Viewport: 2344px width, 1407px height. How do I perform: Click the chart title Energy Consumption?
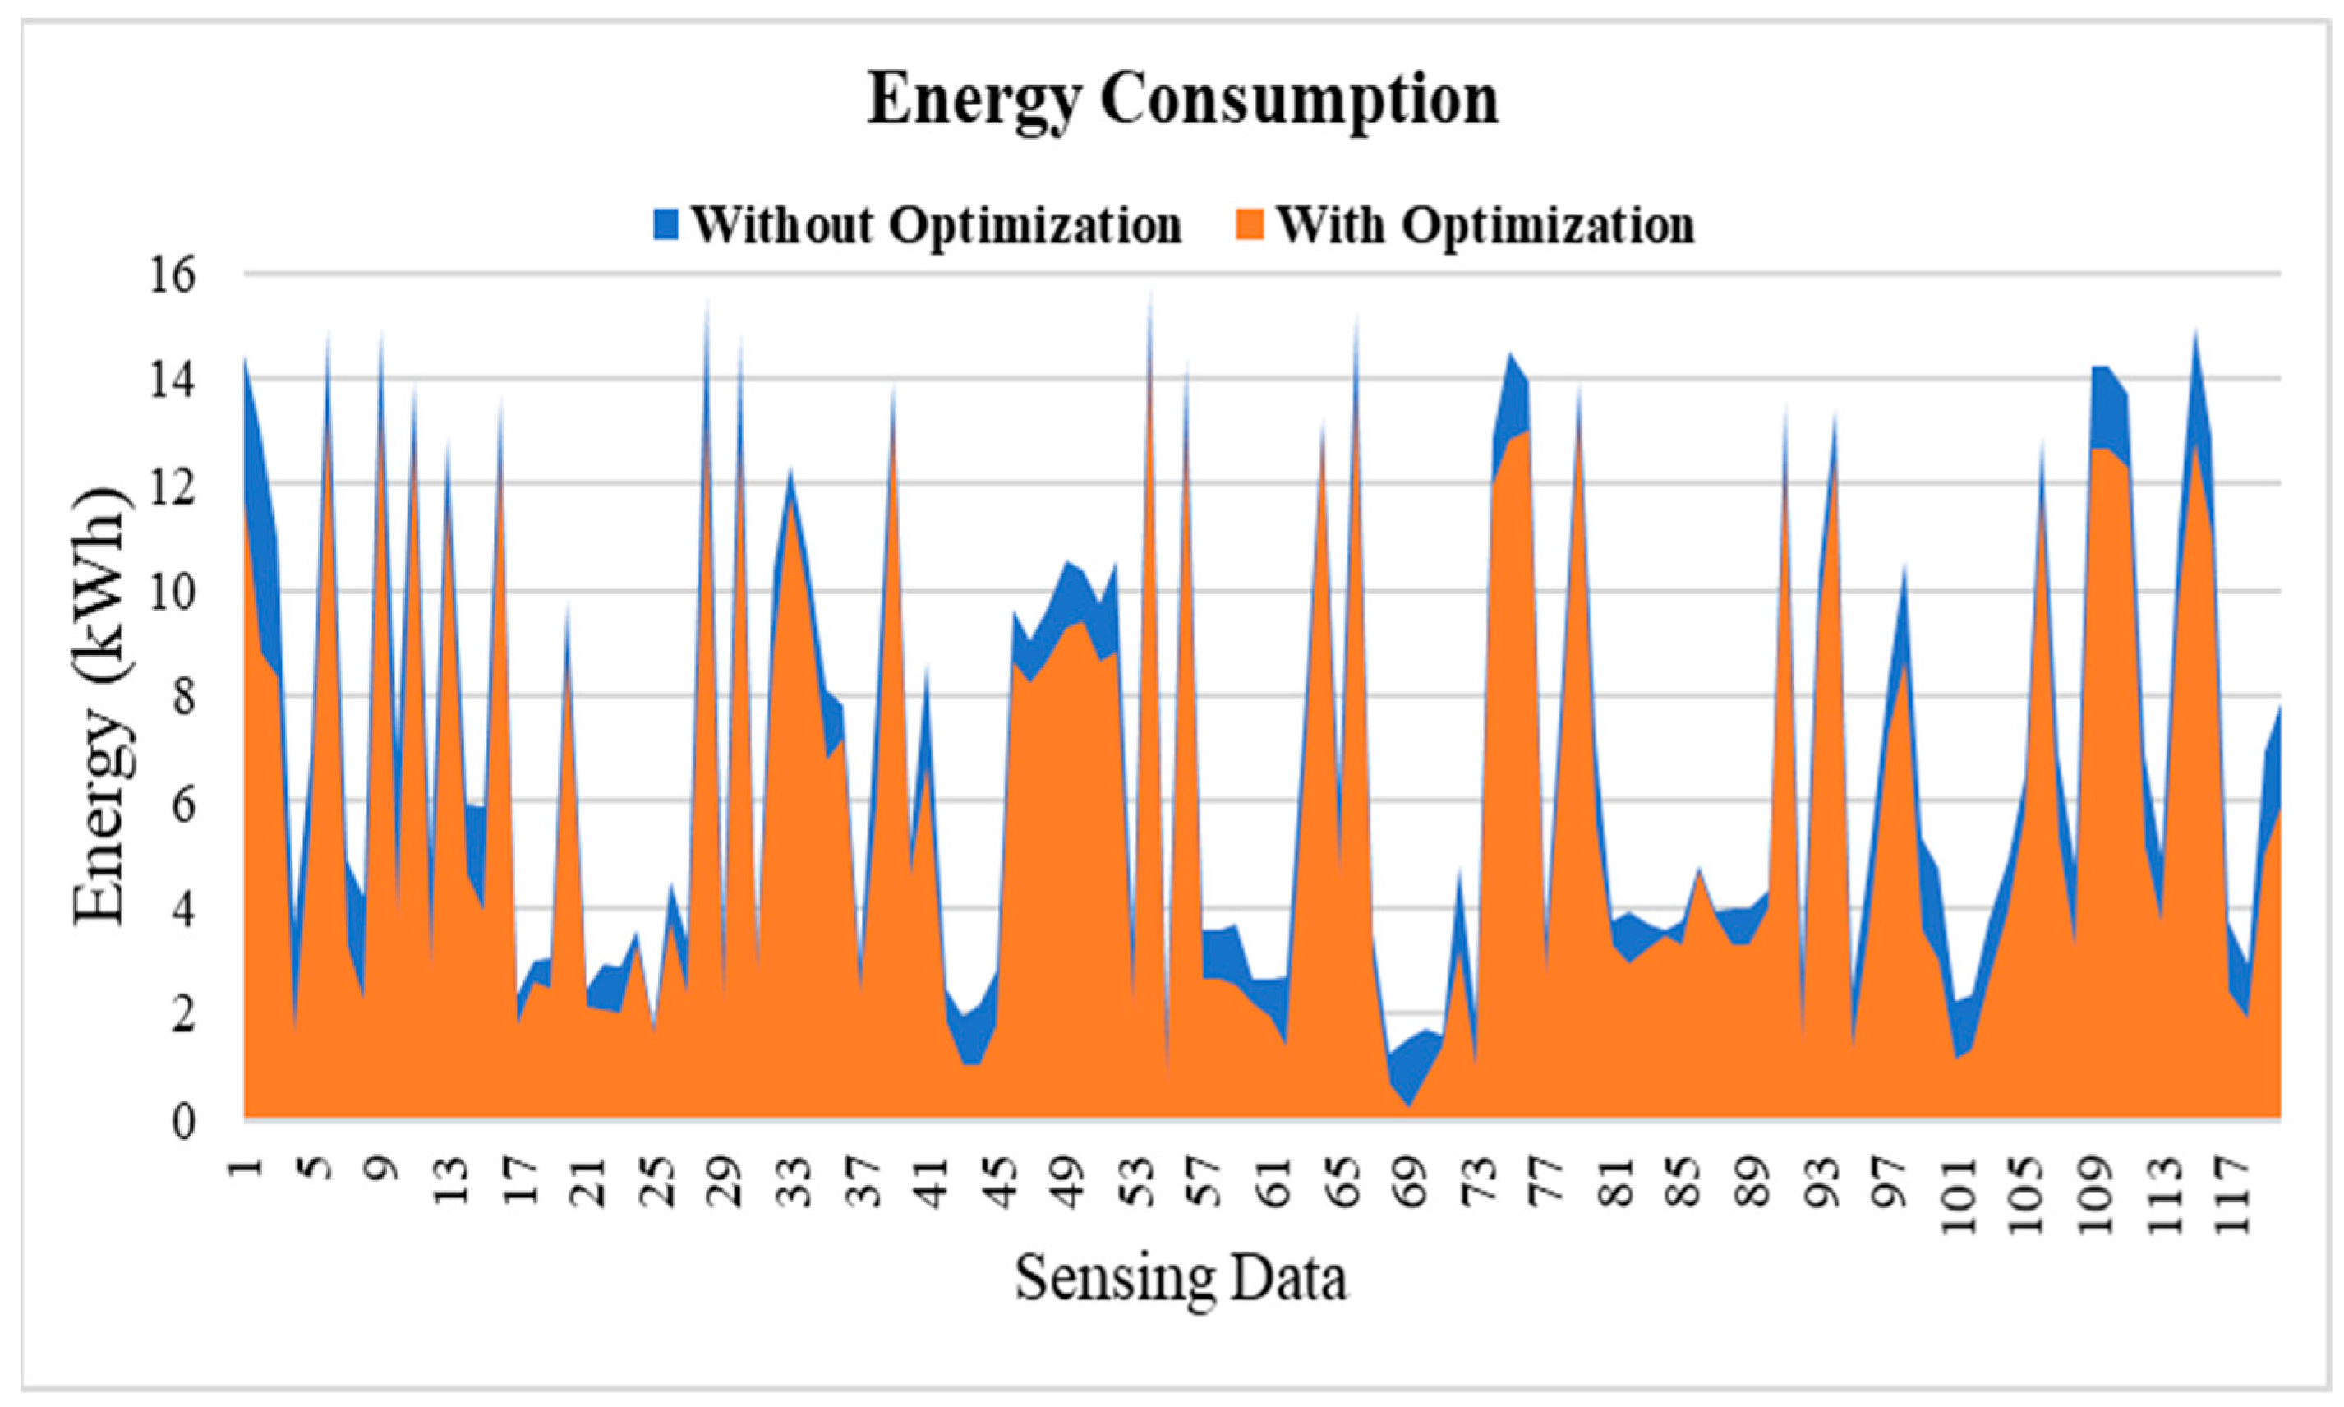click(1182, 100)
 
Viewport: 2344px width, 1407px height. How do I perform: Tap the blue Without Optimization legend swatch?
click(667, 224)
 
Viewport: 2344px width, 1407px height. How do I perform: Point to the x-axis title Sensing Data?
click(1181, 1278)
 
